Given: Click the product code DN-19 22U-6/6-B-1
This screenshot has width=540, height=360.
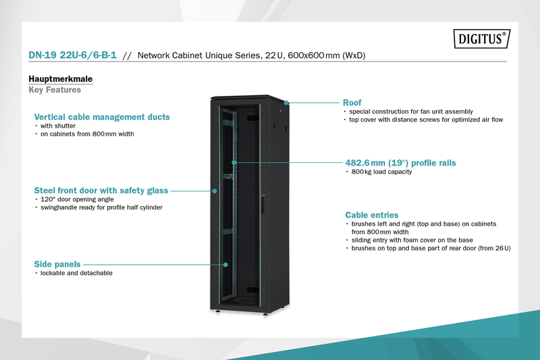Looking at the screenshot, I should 73,56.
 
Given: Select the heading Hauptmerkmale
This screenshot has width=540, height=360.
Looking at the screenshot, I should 60,79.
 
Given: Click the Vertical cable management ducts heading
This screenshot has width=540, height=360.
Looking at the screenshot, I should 102,117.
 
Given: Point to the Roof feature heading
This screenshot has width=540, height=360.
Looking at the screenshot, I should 352,103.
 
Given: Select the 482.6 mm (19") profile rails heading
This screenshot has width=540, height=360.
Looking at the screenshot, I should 396,163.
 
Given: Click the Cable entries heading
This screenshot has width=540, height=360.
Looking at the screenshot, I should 372,214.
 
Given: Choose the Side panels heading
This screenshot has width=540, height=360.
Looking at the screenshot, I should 57,263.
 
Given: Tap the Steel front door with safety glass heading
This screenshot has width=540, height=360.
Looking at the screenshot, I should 101,190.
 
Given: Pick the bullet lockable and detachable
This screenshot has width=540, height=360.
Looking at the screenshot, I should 76,273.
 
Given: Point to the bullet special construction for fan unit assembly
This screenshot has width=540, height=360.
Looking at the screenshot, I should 411,111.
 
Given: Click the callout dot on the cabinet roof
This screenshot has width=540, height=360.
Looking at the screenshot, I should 286,103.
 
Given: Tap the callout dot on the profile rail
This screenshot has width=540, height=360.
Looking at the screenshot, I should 234,163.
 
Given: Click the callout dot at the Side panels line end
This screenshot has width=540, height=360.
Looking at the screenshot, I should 225,264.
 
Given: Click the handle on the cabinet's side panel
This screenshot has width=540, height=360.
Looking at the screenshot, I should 265,201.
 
